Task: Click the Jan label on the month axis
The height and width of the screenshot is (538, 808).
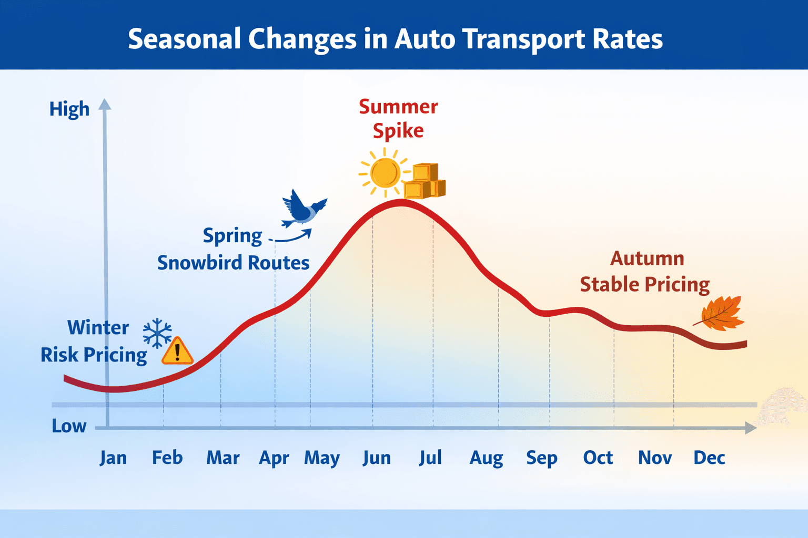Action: [113, 458]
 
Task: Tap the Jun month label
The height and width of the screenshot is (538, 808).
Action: [377, 458]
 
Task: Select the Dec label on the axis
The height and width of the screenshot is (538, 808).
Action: [709, 458]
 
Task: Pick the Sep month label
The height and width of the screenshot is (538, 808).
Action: [542, 458]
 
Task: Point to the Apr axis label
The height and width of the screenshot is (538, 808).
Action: [274, 458]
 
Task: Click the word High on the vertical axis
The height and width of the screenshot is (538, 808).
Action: [69, 109]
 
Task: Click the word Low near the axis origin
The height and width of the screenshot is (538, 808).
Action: [69, 426]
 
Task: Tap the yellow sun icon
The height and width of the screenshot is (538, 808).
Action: [385, 173]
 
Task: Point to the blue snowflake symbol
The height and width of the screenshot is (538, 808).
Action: [157, 333]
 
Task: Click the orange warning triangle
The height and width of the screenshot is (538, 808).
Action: [177, 351]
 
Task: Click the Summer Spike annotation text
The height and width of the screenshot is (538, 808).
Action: [398, 119]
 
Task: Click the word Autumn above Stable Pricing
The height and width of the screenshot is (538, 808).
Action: [647, 258]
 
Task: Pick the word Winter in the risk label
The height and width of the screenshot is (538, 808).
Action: [98, 328]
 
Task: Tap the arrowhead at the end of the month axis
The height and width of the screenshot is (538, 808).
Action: [751, 428]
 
